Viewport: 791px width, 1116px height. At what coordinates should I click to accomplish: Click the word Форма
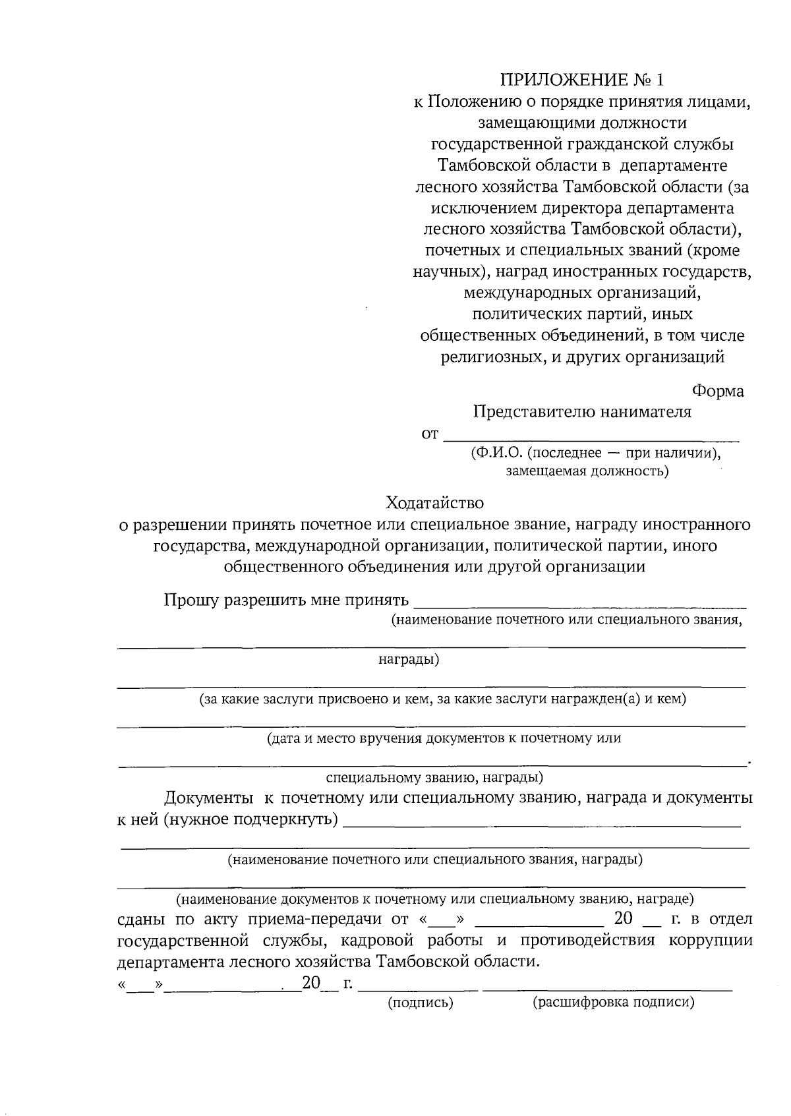pyautogui.click(x=718, y=391)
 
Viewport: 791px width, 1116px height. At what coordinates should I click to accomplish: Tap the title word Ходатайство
pyautogui.click(x=435, y=503)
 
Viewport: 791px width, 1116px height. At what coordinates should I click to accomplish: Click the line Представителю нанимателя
pyautogui.click(x=582, y=412)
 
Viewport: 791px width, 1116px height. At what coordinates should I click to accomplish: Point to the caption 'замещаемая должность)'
pyautogui.click(x=587, y=471)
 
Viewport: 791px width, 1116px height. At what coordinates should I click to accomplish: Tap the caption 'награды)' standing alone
pyautogui.click(x=409, y=660)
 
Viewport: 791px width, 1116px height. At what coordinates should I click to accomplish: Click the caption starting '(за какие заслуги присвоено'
pyautogui.click(x=443, y=699)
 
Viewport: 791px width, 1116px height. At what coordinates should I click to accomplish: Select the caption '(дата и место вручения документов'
pyautogui.click(x=444, y=738)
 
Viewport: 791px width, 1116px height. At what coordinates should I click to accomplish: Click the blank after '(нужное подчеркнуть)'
pyautogui.click(x=542, y=823)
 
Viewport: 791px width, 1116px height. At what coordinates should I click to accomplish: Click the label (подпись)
pyautogui.click(x=420, y=1003)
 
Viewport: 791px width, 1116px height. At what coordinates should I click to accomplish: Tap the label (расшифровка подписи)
pyautogui.click(x=613, y=1003)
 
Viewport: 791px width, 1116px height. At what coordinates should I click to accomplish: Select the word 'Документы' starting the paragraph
pyautogui.click(x=208, y=798)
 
